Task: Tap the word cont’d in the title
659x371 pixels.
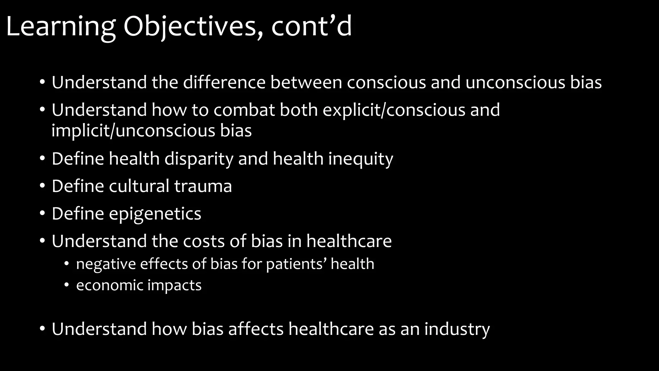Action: coord(311,26)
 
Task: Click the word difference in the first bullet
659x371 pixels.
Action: coord(224,82)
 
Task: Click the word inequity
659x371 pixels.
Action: coord(360,159)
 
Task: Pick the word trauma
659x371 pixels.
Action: coord(203,186)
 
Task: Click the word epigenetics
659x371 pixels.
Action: coord(155,214)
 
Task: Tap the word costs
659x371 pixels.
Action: coord(208,241)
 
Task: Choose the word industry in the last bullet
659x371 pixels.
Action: coord(457,329)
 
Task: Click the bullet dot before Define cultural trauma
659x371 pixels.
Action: coord(42,186)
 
